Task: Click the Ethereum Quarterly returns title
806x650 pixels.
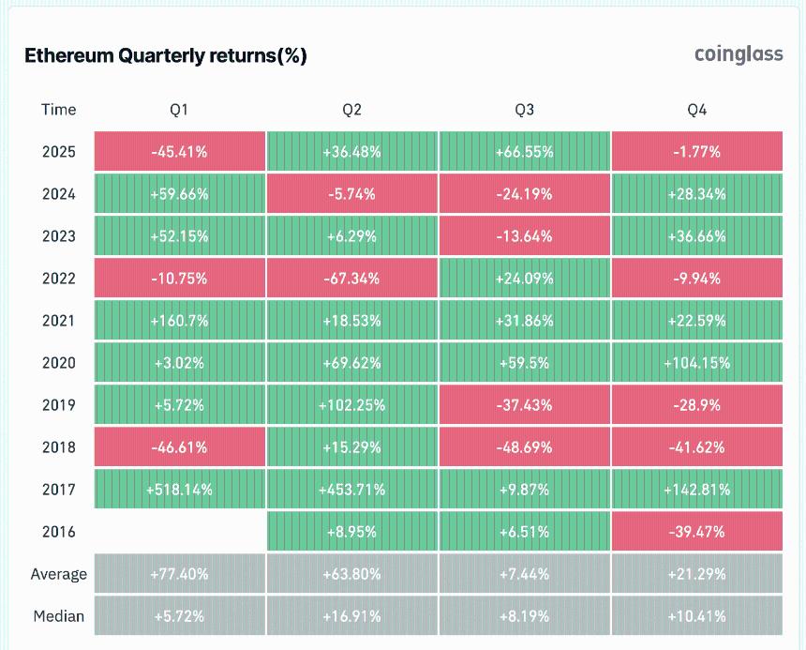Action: click(165, 56)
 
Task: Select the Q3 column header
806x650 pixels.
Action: click(524, 110)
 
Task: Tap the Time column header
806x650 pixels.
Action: click(58, 110)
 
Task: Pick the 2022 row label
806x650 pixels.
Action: click(58, 279)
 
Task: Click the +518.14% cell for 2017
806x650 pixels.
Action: click(179, 490)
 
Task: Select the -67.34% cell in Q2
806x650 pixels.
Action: click(351, 279)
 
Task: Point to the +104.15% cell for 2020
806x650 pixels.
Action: click(696, 363)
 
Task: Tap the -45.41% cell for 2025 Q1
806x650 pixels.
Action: click(179, 152)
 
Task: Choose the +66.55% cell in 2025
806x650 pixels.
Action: click(524, 152)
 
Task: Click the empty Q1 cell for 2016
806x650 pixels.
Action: click(179, 532)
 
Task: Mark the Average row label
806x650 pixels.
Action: click(58, 574)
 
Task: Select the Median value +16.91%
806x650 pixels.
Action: click(351, 616)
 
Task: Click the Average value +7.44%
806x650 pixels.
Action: click(524, 574)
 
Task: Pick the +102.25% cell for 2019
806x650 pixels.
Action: click(351, 405)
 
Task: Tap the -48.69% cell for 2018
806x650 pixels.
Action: click(524, 447)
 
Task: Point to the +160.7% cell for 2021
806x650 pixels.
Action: click(179, 321)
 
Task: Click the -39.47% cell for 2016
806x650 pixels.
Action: click(696, 532)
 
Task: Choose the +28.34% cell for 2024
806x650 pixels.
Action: click(696, 194)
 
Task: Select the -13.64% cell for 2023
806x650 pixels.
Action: click(524, 236)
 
